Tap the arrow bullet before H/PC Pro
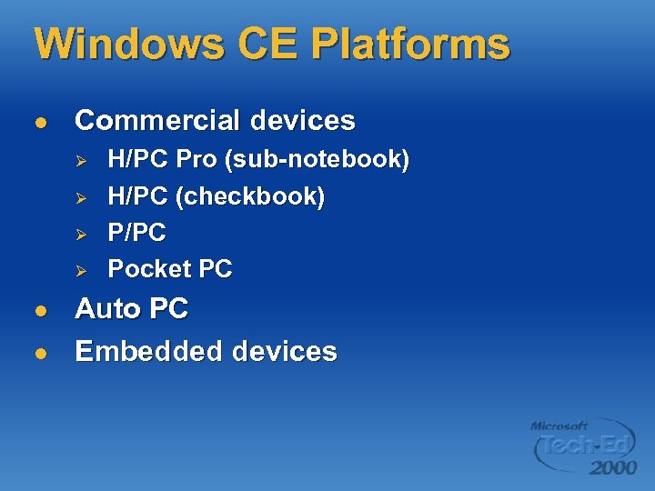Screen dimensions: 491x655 (x=80, y=160)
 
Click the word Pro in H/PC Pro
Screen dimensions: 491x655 (x=196, y=160)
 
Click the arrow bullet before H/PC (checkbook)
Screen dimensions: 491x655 (x=80, y=196)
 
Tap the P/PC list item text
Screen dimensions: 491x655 (x=136, y=233)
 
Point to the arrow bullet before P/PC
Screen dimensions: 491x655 (x=80, y=233)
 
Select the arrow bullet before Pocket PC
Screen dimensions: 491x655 (x=80, y=269)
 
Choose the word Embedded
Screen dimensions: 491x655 (x=147, y=351)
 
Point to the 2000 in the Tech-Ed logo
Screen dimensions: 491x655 (x=612, y=467)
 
